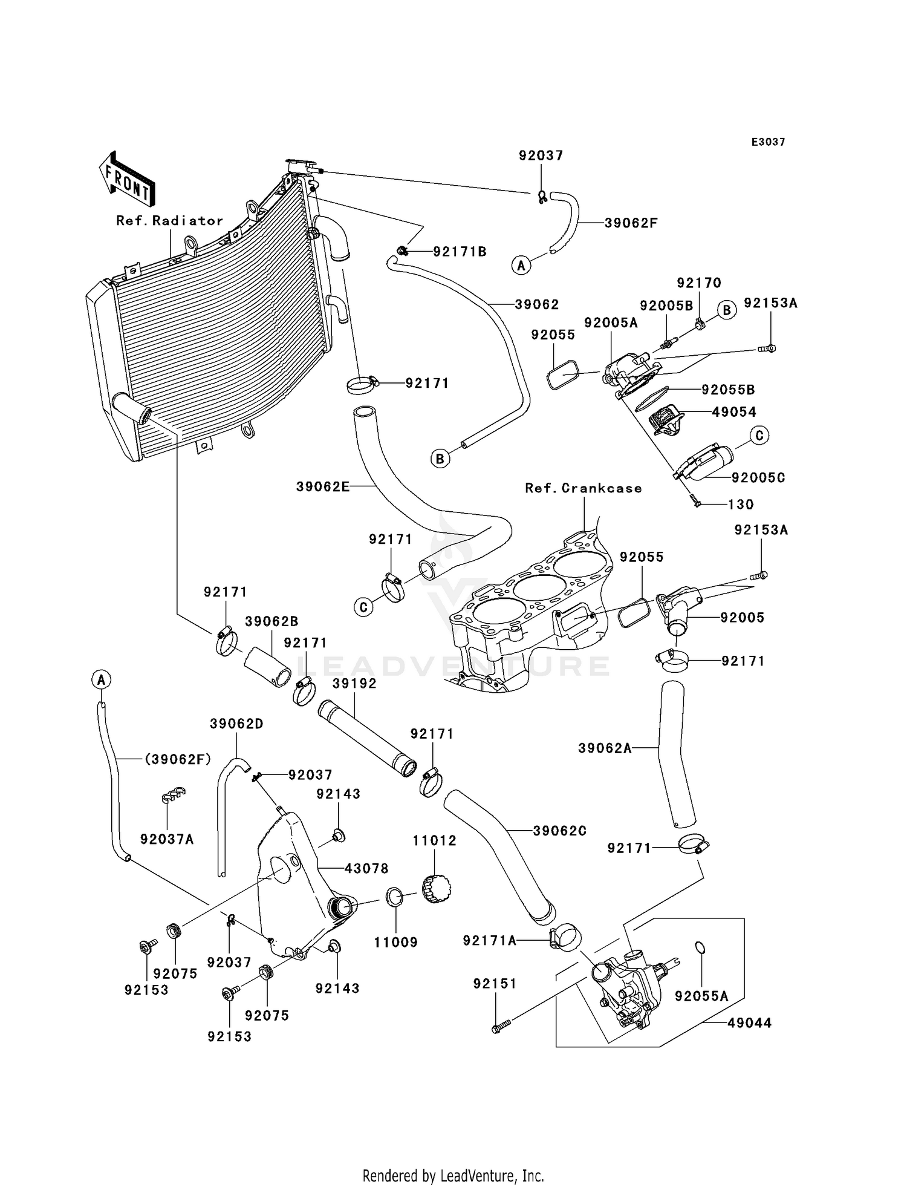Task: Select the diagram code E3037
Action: pos(768,142)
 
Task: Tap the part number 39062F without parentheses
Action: pos(631,223)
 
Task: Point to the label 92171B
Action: pos(460,252)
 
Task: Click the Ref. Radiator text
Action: pos(170,221)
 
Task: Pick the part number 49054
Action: pos(734,412)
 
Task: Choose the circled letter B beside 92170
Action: pos(727,310)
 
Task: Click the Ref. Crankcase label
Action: pos(583,488)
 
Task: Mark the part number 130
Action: pos(741,505)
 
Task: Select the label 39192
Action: pos(354,684)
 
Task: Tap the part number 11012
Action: pos(434,841)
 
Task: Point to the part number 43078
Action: pos(366,869)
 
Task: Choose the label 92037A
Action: pos(167,839)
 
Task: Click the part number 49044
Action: pos(749,1023)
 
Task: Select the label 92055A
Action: pos(701,996)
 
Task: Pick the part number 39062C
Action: pos(559,831)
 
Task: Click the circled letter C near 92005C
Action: pos(759,435)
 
